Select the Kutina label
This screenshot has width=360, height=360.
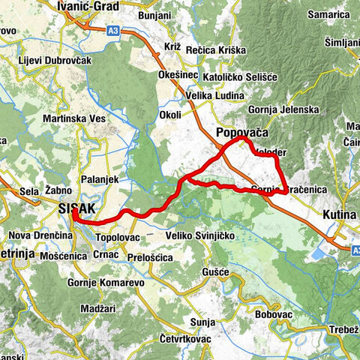(x=338, y=214)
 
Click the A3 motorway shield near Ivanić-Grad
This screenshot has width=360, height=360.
(x=112, y=31)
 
